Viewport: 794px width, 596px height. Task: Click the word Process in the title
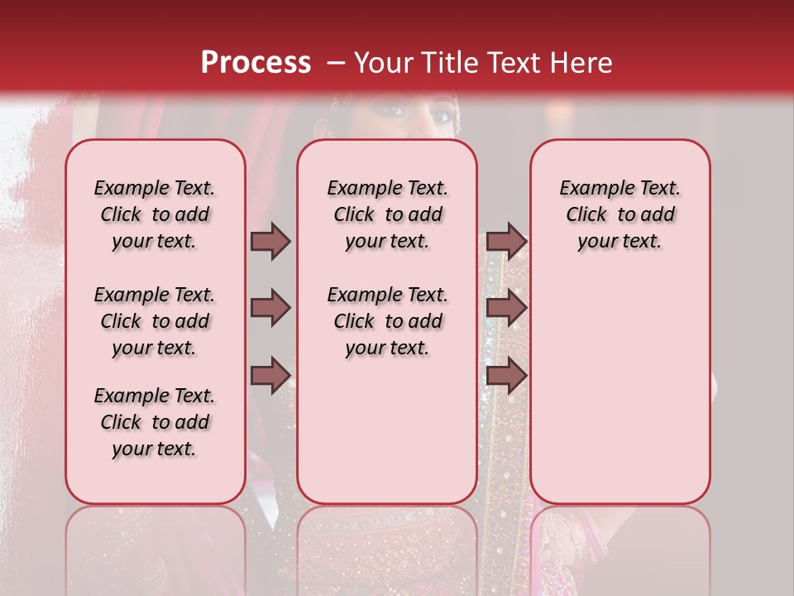coord(256,62)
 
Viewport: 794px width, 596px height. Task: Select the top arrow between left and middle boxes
coord(270,241)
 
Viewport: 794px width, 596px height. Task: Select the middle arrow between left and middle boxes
coord(270,309)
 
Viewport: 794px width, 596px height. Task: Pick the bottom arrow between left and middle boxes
coord(270,375)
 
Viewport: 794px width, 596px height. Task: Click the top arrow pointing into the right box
coord(506,241)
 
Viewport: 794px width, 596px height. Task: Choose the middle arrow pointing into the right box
coord(506,309)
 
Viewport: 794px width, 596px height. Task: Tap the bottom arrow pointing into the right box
coord(506,375)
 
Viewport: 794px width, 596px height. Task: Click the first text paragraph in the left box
coord(155,214)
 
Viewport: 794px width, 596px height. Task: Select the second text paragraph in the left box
coord(155,321)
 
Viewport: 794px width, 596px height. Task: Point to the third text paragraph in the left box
coord(155,422)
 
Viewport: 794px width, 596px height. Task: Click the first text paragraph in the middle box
coord(387,214)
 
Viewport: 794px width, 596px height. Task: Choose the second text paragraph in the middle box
coord(387,321)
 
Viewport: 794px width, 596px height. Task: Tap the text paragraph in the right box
coord(619,214)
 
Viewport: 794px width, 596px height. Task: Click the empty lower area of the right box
coord(619,389)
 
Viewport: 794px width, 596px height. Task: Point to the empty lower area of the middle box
coord(387,430)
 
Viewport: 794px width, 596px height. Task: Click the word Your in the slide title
coord(384,62)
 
